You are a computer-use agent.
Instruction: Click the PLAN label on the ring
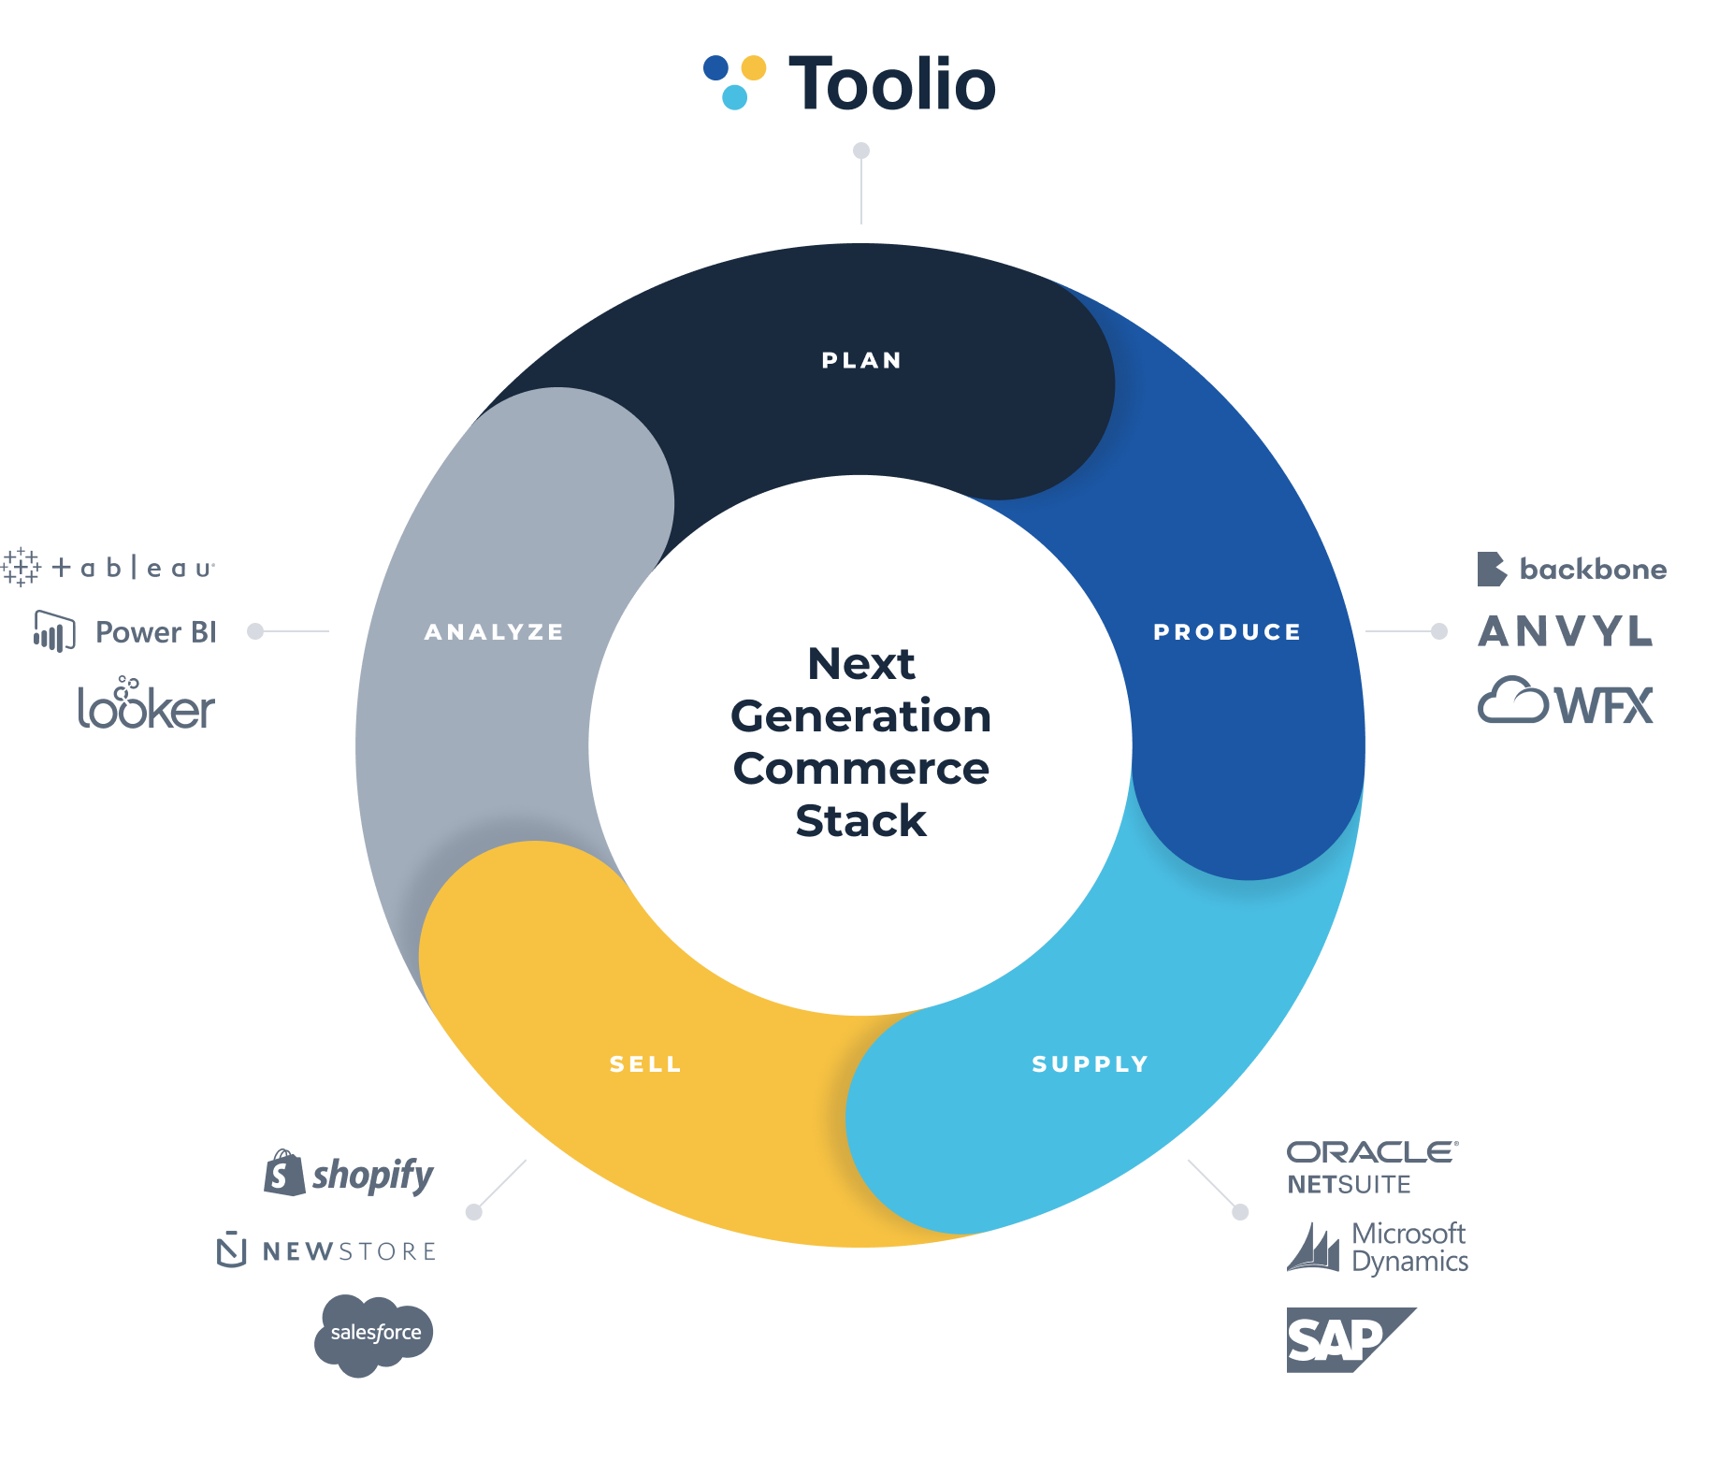[861, 360]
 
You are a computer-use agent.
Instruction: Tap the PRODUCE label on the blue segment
[1227, 632]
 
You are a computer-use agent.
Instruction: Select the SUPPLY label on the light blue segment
[1091, 1064]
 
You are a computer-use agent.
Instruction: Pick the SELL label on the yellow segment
[645, 1064]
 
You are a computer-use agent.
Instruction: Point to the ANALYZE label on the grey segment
[494, 632]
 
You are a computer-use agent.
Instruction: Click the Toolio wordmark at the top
[892, 84]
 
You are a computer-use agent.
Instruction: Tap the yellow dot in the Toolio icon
[754, 67]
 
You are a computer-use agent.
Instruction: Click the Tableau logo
[109, 567]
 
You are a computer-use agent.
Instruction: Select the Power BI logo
[125, 632]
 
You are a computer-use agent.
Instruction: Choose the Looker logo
[146, 704]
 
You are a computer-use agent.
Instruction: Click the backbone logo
[1571, 569]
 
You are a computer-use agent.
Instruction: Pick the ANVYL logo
[1565, 631]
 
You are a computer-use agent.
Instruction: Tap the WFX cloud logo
[1566, 702]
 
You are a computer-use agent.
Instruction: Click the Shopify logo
[350, 1174]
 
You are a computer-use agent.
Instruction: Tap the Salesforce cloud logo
[374, 1334]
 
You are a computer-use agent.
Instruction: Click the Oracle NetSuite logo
[1371, 1167]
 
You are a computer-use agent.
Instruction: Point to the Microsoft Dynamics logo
[1377, 1248]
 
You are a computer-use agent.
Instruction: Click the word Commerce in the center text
[860, 769]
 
